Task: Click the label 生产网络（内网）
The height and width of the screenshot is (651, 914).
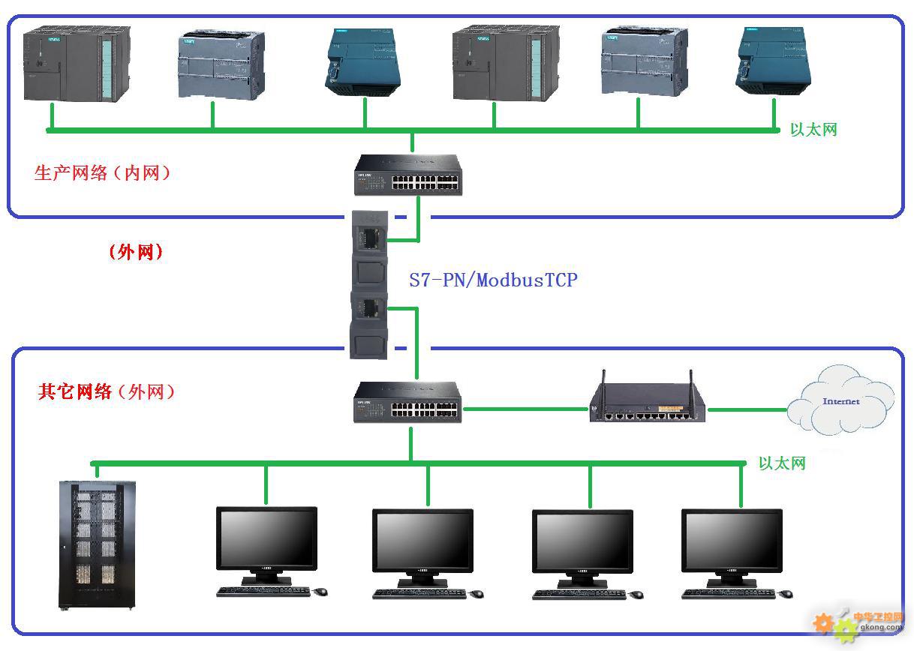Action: [103, 173]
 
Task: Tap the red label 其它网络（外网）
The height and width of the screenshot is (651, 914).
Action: [106, 391]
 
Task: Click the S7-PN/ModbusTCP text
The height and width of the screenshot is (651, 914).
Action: [493, 280]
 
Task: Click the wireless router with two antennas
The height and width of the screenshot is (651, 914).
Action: [647, 403]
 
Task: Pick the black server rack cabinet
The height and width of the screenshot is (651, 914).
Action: [98, 544]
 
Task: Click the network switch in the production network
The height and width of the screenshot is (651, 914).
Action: [407, 175]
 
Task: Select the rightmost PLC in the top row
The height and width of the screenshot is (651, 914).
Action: [773, 61]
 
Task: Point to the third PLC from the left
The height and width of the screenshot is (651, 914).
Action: [365, 62]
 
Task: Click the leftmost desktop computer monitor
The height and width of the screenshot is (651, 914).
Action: [266, 544]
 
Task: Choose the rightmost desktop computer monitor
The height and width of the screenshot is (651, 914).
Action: [732, 544]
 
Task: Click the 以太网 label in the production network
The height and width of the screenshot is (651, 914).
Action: [813, 130]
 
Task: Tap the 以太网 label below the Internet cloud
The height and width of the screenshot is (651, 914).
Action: [782, 463]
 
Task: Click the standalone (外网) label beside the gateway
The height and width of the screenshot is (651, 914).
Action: [136, 252]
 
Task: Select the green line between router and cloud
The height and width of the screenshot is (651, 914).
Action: [747, 409]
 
